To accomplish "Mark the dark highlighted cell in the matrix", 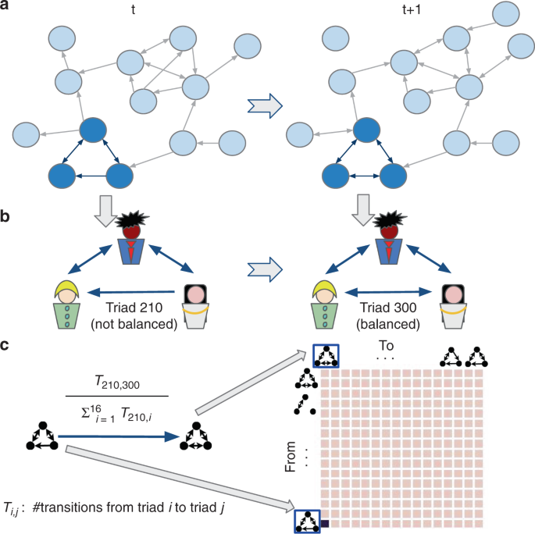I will point(326,524).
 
